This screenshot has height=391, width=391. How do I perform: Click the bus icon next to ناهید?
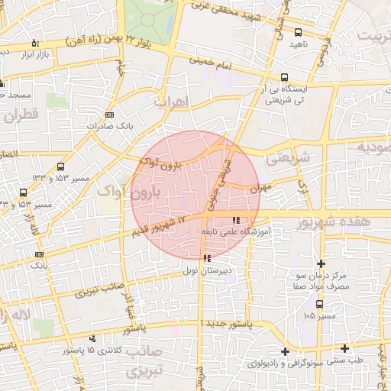[298, 33]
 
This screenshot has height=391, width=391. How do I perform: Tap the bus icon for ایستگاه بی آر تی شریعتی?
[285, 77]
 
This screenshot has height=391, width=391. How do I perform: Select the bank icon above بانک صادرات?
[109, 114]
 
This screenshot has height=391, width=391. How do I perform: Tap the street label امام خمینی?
[210, 60]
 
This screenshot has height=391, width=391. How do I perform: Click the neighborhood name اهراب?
[170, 101]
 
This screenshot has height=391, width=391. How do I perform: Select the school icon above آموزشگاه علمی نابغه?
[245, 220]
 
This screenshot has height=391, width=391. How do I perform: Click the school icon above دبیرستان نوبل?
[208, 258]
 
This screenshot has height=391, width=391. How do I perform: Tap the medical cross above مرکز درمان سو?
[321, 263]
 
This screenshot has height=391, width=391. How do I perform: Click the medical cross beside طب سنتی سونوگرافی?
[285, 351]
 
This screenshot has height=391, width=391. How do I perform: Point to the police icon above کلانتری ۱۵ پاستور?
[92, 338]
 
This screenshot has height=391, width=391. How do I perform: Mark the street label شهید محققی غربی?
[242, 15]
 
